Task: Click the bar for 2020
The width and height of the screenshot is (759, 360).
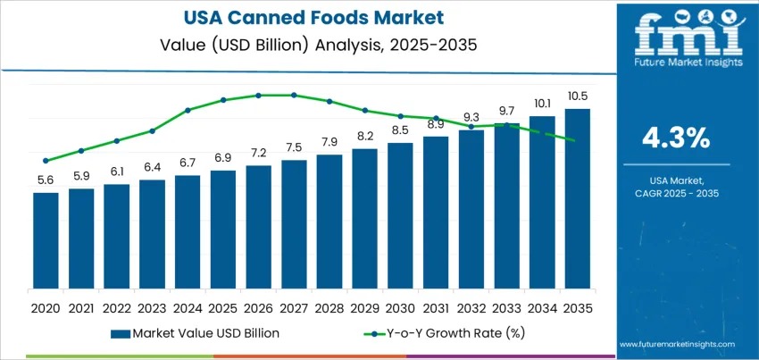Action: click(46, 241)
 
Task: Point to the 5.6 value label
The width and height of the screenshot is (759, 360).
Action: click(46, 180)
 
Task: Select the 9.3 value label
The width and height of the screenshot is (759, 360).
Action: click(471, 117)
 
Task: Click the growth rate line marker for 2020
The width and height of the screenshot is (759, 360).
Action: click(46, 161)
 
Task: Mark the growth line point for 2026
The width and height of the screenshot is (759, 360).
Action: click(258, 95)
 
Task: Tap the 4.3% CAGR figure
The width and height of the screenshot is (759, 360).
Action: click(676, 138)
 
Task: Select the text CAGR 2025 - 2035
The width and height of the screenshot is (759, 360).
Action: click(676, 193)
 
